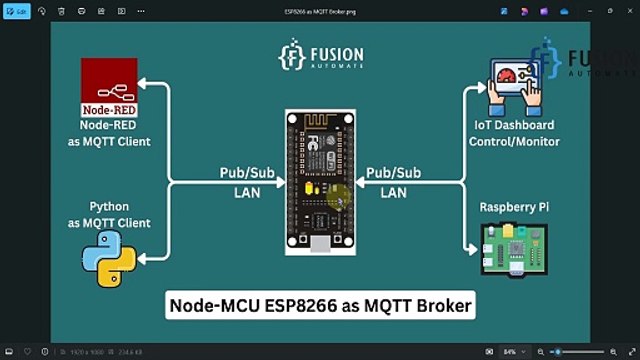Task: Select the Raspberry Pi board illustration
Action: (x=514, y=250)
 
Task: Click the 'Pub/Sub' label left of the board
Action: (x=246, y=173)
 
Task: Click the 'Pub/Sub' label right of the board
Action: (x=392, y=173)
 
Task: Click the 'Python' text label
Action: (x=107, y=206)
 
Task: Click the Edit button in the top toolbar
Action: (x=17, y=10)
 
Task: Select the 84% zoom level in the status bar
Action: (x=509, y=352)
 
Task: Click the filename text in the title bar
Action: (x=319, y=10)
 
